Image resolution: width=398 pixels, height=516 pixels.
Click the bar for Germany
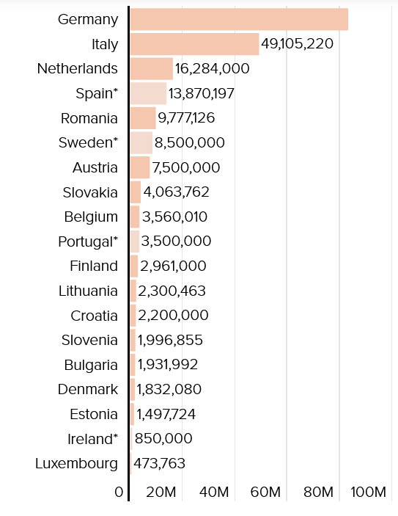click(239, 19)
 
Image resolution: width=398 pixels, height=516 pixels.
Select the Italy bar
click(194, 44)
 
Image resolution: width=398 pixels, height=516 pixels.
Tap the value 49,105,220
click(297, 44)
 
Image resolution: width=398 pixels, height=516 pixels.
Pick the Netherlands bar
click(152, 69)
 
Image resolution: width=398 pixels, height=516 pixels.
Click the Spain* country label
click(97, 93)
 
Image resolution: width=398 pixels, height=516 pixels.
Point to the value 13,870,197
click(202, 93)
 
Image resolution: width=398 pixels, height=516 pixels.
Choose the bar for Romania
click(143, 118)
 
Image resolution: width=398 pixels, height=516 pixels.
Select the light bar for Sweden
click(141, 143)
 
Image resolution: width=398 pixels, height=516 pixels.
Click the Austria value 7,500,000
click(186, 167)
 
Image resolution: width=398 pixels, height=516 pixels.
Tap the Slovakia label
click(90, 192)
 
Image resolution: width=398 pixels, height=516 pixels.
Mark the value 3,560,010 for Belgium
click(175, 217)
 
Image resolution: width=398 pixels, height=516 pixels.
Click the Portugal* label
click(88, 242)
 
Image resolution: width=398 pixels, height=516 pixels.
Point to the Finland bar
click(134, 266)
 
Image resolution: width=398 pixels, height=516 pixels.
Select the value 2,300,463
click(172, 291)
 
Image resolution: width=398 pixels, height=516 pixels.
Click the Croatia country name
click(94, 316)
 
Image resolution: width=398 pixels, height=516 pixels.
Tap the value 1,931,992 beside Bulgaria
click(168, 365)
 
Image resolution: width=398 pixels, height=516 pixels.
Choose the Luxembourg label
click(76, 464)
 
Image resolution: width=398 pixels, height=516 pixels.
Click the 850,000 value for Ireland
click(163, 439)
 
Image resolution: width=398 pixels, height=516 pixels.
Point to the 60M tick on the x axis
click(265, 493)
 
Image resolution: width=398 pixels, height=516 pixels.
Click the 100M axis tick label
click(369, 493)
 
